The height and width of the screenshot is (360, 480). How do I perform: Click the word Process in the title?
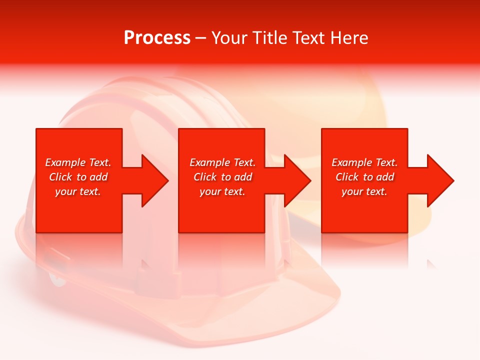(x=157, y=38)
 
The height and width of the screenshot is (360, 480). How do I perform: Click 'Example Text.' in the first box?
(x=78, y=162)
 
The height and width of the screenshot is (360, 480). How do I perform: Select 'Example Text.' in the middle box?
(x=222, y=162)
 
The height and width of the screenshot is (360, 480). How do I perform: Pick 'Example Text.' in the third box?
(x=364, y=162)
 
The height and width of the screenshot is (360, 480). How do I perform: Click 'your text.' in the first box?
(x=78, y=191)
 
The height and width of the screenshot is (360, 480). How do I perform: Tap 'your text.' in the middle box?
(x=222, y=191)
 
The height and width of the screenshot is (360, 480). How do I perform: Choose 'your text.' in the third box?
(x=364, y=191)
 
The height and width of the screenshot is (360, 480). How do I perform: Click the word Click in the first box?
(x=60, y=177)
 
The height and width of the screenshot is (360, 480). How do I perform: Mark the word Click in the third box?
(x=347, y=177)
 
